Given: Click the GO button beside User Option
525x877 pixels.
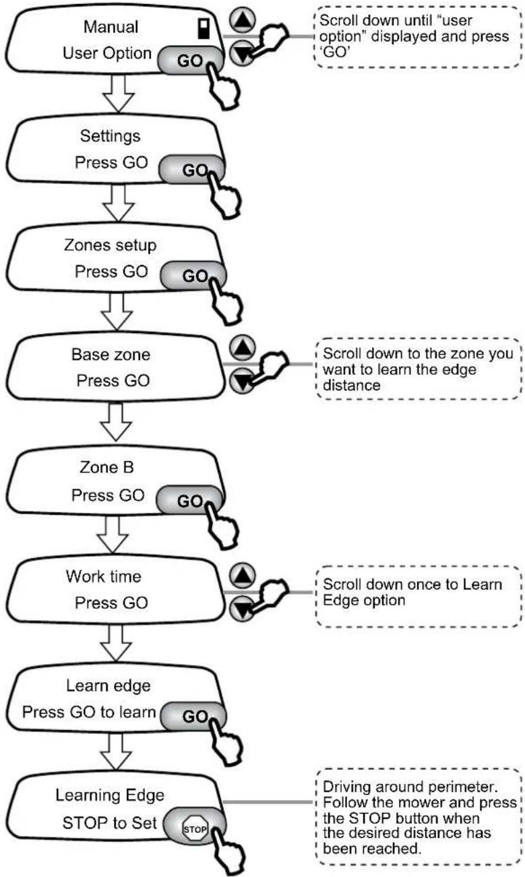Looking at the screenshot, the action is click(190, 60).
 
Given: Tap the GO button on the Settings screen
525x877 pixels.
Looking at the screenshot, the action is click(192, 169).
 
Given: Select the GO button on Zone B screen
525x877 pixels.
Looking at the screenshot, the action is click(189, 500).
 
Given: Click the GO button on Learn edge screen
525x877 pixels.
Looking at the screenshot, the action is click(193, 716).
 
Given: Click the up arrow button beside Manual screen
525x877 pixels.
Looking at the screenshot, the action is click(243, 20).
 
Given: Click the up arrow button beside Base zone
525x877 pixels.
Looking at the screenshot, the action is click(243, 348).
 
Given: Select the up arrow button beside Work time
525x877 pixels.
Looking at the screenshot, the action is click(243, 576).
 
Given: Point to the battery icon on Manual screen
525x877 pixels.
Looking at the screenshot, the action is click(204, 28).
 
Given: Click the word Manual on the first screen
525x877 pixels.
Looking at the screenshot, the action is click(111, 26).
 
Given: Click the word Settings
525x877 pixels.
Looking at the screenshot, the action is click(110, 136).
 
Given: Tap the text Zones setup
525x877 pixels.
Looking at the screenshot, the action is click(110, 245).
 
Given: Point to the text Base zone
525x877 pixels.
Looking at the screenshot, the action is click(111, 355).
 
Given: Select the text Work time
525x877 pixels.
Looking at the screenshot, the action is click(103, 576).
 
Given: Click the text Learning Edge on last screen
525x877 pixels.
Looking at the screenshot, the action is click(110, 795).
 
